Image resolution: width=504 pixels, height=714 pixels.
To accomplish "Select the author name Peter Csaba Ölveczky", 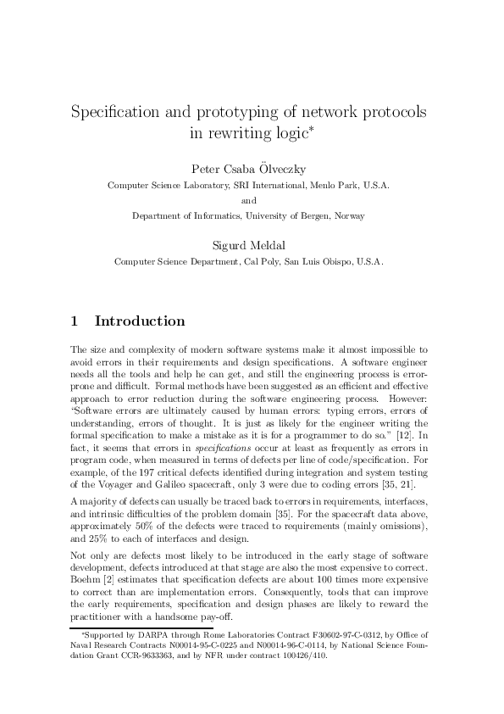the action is (252, 168).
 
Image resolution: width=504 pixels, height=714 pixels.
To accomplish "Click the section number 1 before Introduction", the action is (75, 321).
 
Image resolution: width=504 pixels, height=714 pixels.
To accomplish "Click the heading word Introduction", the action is (140, 321).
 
